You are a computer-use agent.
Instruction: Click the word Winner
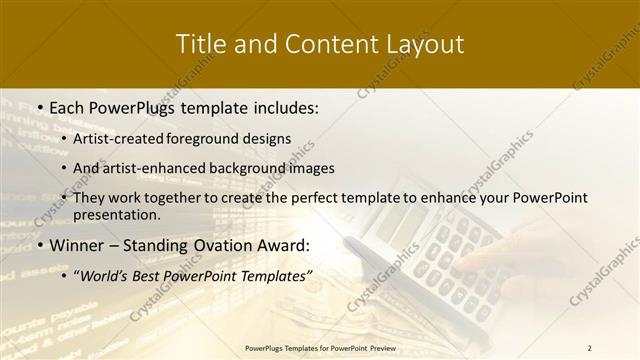(x=76, y=246)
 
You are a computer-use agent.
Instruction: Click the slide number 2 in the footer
(x=589, y=347)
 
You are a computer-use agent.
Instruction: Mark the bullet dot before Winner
(x=38, y=246)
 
